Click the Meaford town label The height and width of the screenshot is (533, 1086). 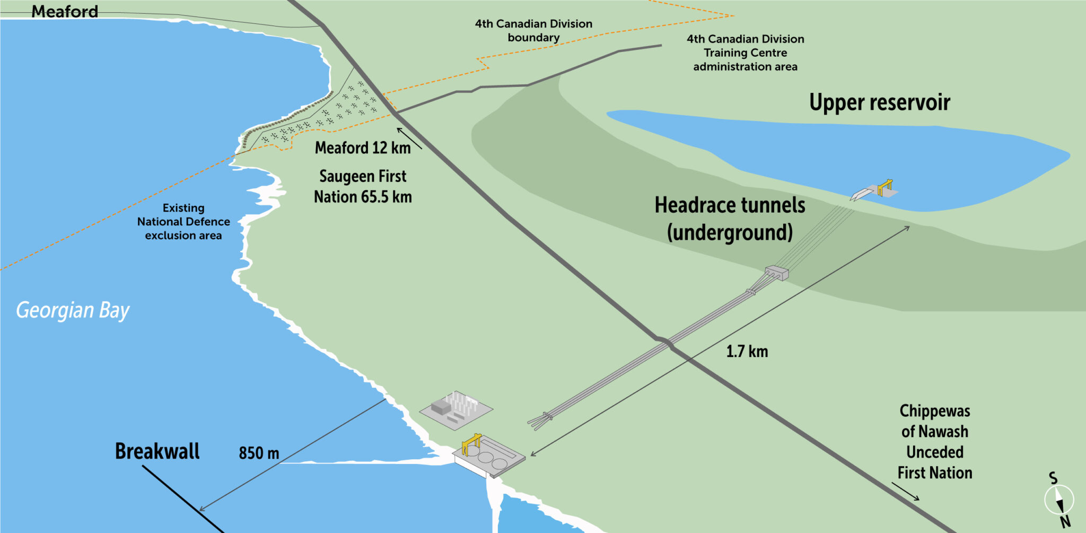coord(65,11)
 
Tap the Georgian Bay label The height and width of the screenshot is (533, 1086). coord(73,310)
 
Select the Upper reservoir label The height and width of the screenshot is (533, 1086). coord(879,102)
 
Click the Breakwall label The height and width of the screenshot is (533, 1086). coord(157,451)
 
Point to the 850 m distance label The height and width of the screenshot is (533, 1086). coord(259,453)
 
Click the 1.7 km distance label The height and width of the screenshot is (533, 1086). coord(747,351)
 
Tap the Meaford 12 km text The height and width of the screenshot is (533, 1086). coord(363,147)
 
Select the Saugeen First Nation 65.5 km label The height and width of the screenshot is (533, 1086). coord(363,186)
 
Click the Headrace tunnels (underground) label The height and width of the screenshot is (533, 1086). coord(730,219)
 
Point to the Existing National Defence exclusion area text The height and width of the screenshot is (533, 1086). coord(183,222)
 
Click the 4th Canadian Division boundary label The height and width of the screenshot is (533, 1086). coord(533,31)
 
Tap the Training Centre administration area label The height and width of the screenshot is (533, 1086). coord(745,53)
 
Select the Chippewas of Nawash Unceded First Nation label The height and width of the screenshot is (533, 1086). coord(934,442)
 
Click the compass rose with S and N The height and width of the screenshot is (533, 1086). coord(1059,500)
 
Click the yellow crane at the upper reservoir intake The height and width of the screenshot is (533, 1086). coord(884,187)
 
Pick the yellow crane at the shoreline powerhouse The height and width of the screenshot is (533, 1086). coord(471,443)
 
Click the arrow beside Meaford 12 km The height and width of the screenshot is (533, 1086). coord(409,138)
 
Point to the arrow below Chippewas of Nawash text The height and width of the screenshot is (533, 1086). coord(906,491)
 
